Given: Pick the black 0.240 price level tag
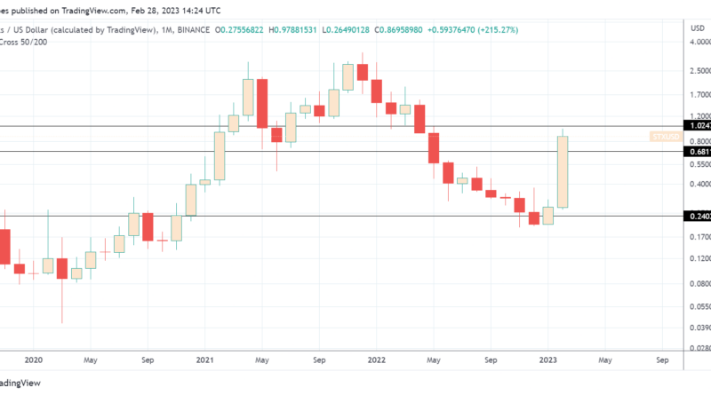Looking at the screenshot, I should [x=697, y=216].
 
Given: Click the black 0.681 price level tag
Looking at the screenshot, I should [x=697, y=152].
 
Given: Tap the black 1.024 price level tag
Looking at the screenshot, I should [x=697, y=126].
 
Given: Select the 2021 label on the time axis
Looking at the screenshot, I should [x=205, y=361].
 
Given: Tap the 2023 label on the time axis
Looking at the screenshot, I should [x=547, y=361].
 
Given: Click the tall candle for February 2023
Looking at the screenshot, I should [x=562, y=171].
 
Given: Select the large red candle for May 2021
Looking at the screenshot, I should [x=262, y=102].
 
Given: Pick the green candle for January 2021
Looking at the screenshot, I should [x=220, y=155].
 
